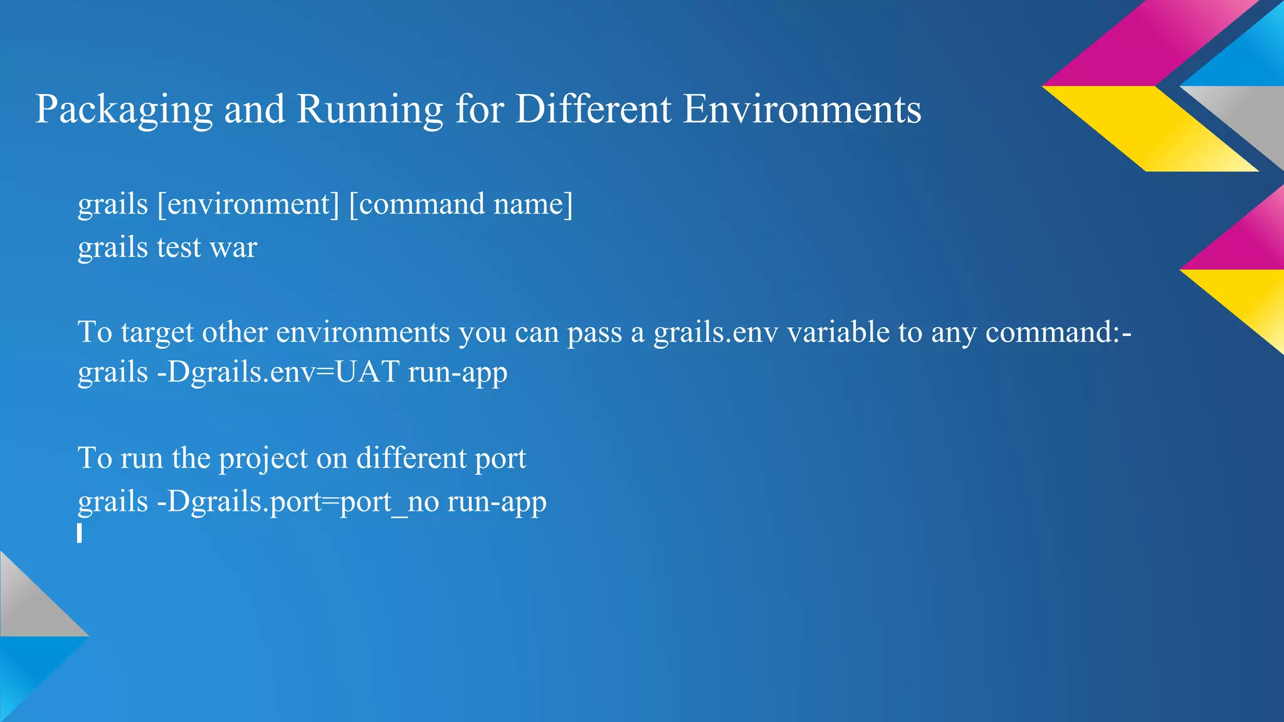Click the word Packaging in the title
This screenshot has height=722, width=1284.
click(x=124, y=110)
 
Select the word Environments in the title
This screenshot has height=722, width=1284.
click(x=802, y=109)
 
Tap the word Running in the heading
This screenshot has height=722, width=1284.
click(x=370, y=110)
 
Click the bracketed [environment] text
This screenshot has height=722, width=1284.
click(x=248, y=204)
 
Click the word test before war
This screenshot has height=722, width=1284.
click(x=179, y=248)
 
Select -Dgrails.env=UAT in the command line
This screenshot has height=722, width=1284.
click(x=278, y=372)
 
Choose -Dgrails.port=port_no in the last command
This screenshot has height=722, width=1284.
click(x=297, y=502)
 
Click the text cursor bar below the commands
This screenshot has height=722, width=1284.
click(x=80, y=533)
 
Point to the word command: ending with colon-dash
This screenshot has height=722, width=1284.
click(x=1058, y=332)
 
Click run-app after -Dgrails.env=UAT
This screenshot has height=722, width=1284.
click(x=458, y=372)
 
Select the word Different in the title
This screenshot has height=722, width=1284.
click(x=593, y=109)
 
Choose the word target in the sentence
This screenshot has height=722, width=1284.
click(x=157, y=332)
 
